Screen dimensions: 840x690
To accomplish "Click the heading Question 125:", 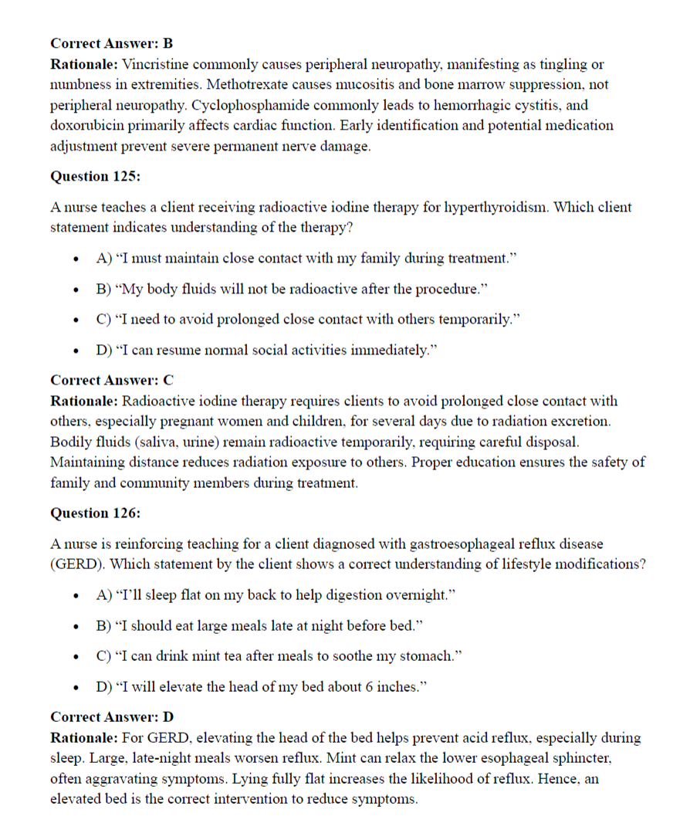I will [95, 177].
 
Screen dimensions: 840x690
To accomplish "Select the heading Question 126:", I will [95, 513].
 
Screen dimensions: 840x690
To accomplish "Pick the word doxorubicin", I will [89, 125].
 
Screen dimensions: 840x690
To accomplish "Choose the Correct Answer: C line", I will [112, 380].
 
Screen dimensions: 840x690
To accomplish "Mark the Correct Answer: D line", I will [112, 716].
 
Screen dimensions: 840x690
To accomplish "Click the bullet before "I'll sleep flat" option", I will [76, 596].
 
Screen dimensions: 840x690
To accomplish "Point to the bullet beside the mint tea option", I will [76, 657].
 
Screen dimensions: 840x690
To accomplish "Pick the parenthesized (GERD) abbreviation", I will [77, 564].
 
